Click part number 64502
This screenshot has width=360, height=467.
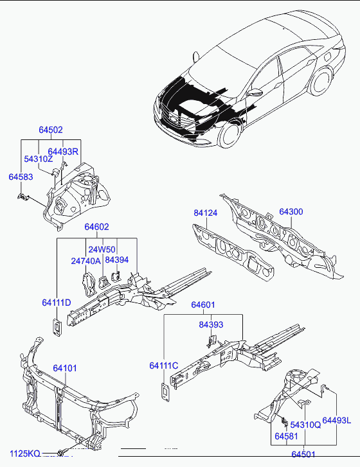51,130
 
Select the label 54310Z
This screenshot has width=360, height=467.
38,159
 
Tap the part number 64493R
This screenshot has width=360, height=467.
63,152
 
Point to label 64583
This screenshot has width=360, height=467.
21,177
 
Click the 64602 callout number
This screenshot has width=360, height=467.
96,227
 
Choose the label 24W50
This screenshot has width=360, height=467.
102,249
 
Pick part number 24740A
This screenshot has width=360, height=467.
86,261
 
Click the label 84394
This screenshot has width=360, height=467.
117,260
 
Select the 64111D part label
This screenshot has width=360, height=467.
57,303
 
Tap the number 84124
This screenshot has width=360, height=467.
206,213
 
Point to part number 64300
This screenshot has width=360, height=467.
291,211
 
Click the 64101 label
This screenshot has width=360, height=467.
65,368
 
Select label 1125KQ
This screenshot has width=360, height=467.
24,454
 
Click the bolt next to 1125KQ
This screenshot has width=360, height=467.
61,452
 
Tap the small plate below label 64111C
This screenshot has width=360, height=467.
165,392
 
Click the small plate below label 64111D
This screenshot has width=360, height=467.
57,328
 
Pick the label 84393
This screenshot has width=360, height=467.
211,324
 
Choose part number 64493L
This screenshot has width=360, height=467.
337,420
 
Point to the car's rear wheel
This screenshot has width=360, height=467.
320,82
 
